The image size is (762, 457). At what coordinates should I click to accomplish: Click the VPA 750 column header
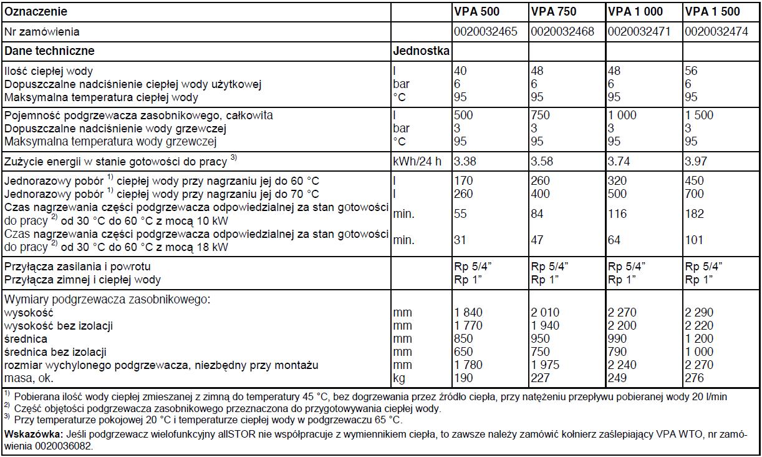pyautogui.click(x=554, y=11)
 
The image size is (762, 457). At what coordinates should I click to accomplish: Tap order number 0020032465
pyautogui.click(x=486, y=31)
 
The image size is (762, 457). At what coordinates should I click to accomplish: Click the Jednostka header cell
pyautogui.click(x=422, y=51)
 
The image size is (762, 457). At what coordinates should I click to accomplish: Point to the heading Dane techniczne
pyautogui.click(x=49, y=51)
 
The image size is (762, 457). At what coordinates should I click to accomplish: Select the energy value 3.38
pyautogui.click(x=465, y=161)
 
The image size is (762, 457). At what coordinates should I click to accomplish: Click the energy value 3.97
pyautogui.click(x=697, y=161)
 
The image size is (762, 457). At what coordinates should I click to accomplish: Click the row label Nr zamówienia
pyautogui.click(x=42, y=31)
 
